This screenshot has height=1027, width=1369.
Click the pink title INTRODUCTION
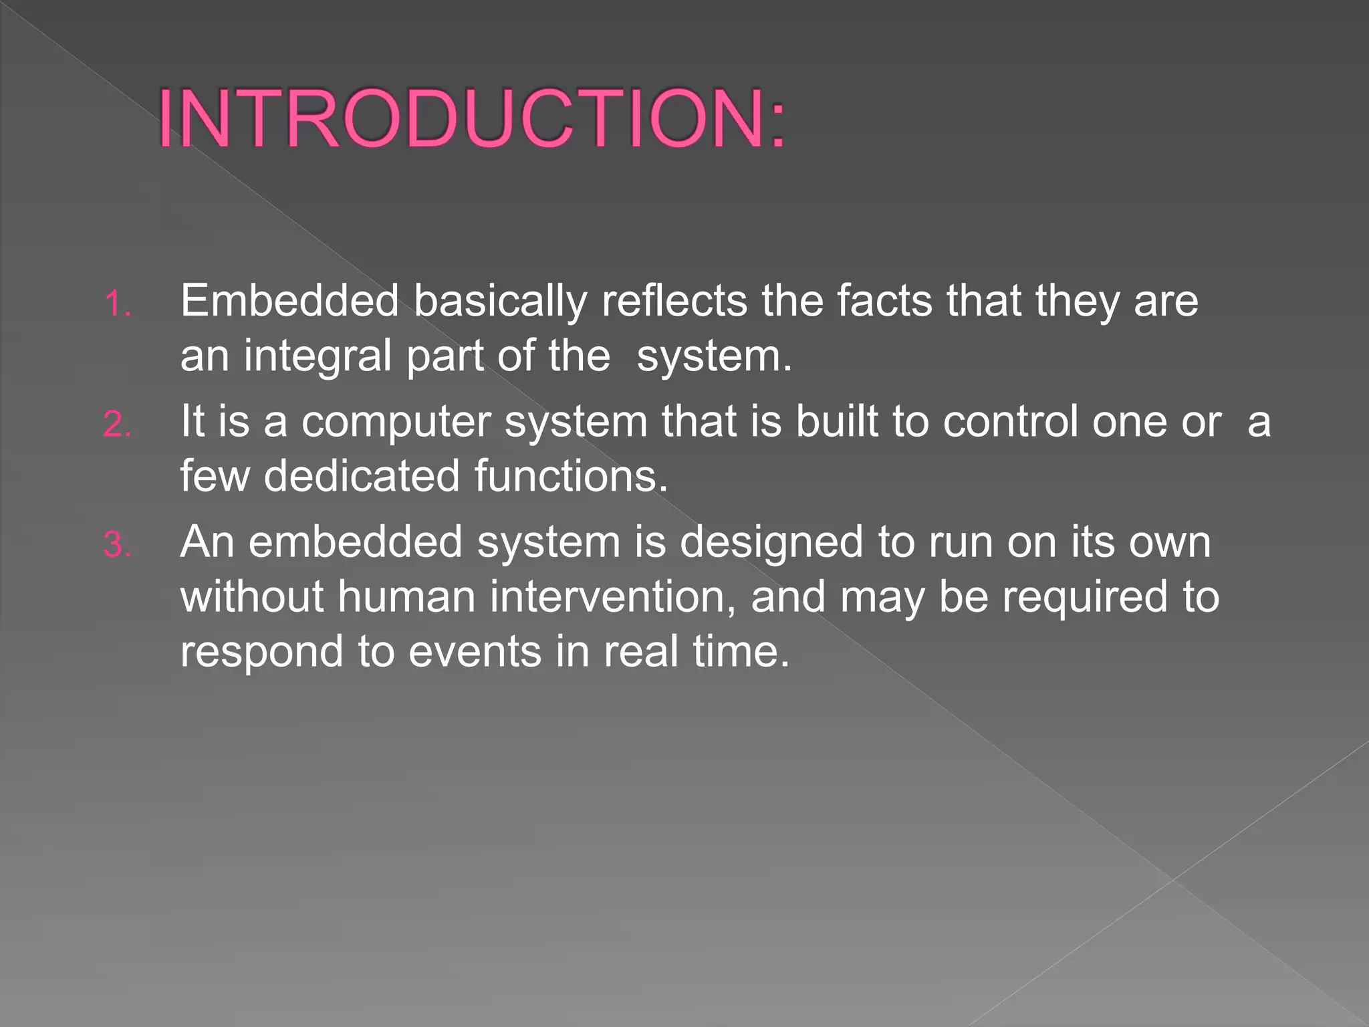click(472, 119)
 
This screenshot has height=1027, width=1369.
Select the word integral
click(318, 356)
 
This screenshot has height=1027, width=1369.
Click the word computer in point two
click(396, 423)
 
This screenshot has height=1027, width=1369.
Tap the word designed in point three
click(771, 542)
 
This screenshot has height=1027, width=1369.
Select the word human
click(406, 596)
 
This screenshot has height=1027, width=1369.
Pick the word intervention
click(612, 596)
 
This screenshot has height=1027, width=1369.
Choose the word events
click(475, 651)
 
